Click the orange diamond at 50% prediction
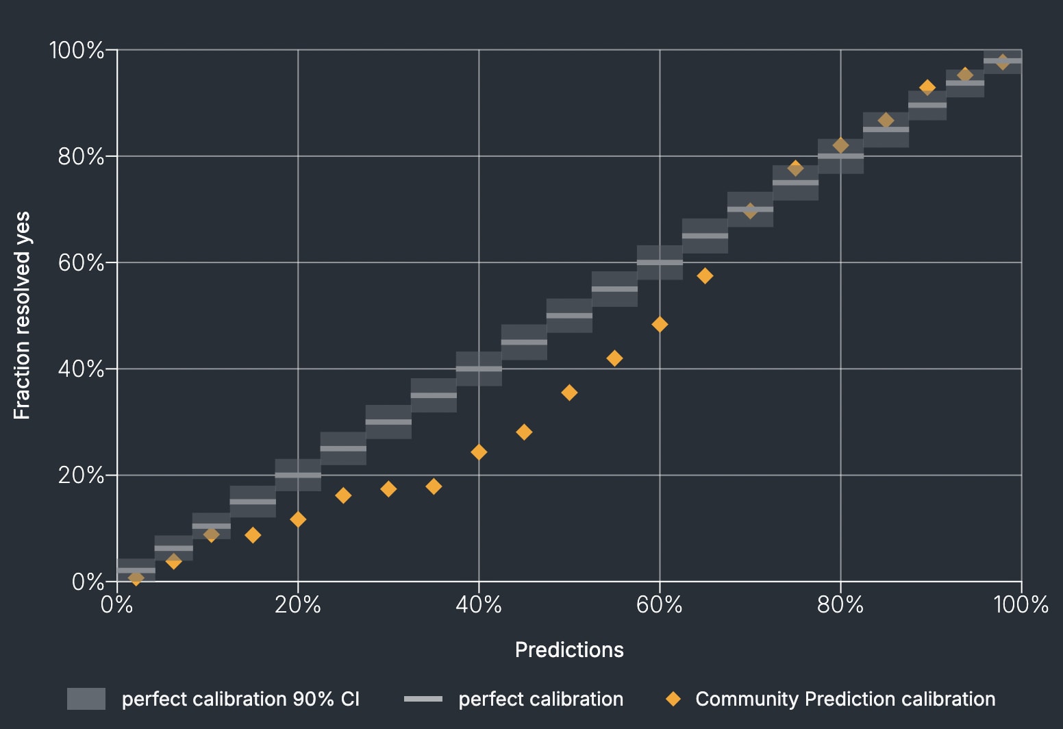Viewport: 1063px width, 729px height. pos(569,393)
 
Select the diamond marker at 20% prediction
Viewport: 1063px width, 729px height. pos(297,519)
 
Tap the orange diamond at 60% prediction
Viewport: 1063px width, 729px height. pos(660,324)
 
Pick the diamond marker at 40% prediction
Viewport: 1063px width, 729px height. pos(479,452)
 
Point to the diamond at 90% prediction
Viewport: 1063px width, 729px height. pos(927,87)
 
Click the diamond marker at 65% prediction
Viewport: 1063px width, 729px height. pos(705,275)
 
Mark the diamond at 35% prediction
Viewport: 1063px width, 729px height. pos(434,486)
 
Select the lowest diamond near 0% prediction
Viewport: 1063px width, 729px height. pos(136,578)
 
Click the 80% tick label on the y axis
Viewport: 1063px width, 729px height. pos(81,157)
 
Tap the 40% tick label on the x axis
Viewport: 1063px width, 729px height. pos(479,605)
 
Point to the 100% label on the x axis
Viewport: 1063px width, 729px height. pos(1021,605)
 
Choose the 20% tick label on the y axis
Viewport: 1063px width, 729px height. pos(81,475)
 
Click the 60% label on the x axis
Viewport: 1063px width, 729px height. pos(660,605)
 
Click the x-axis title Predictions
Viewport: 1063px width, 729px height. pos(569,650)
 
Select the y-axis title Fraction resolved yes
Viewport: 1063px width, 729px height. pos(22,316)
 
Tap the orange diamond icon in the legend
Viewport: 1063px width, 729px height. pos(673,699)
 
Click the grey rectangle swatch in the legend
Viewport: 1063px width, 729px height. pos(86,699)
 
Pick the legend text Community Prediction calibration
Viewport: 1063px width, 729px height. pos(845,699)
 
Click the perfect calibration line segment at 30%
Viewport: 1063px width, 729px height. pos(388,422)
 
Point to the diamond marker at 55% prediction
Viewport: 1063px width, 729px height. pos(614,358)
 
